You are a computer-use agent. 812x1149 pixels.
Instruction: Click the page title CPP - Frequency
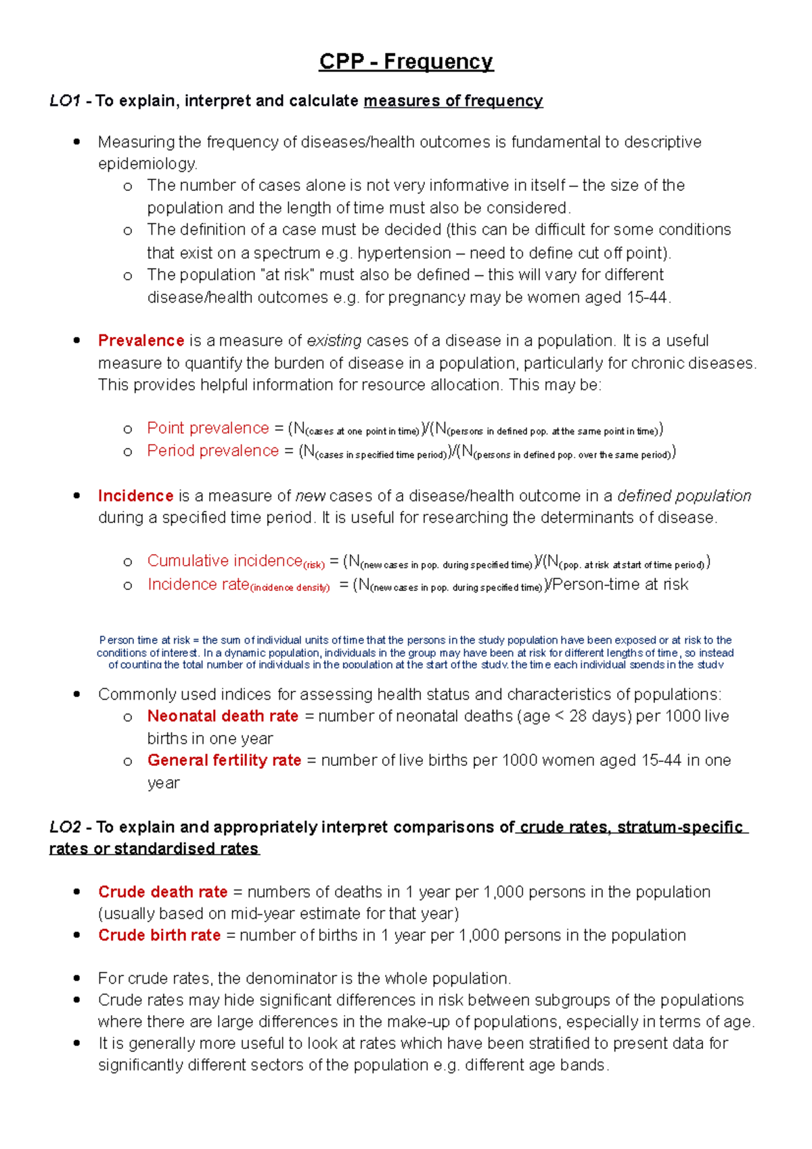click(x=406, y=62)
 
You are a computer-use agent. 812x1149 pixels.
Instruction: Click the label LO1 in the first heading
click(x=64, y=101)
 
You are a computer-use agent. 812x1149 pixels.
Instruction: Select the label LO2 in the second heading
click(x=65, y=827)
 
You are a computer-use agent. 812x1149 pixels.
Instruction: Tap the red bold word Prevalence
click(x=141, y=340)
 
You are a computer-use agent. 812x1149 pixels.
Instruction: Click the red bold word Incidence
click(x=135, y=495)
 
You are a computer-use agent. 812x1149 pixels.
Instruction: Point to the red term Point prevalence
click(x=208, y=428)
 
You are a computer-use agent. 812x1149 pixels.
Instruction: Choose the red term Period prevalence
click(x=212, y=451)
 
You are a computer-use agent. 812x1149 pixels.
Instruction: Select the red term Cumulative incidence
click(x=225, y=561)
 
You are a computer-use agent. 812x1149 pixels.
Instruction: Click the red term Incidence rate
click(x=198, y=584)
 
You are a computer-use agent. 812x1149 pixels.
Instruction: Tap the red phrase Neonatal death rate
click(x=223, y=716)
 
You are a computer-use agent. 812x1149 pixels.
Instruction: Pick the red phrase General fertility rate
click(x=224, y=760)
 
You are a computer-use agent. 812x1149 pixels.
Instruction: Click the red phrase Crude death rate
click(x=162, y=892)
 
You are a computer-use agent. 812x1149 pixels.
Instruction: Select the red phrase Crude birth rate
click(x=159, y=935)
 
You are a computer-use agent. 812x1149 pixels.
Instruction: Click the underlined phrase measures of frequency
click(x=453, y=101)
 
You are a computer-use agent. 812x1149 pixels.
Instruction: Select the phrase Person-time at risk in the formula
click(x=621, y=584)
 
